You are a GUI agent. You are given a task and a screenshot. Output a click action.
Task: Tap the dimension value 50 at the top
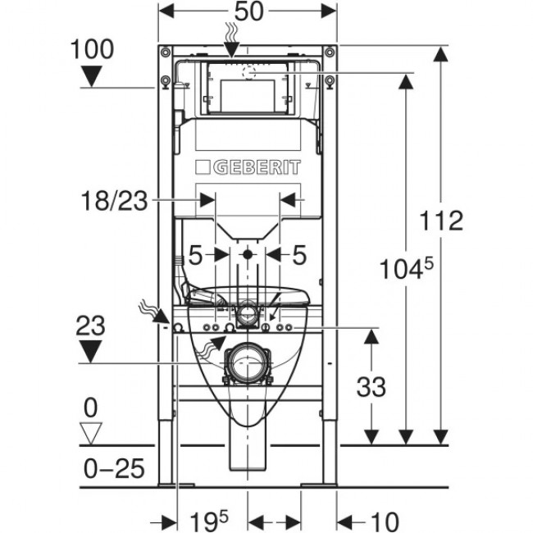pos(248,13)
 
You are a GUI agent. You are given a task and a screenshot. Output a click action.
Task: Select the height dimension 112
pos(442,221)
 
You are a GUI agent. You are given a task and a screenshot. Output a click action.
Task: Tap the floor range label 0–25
pos(114,469)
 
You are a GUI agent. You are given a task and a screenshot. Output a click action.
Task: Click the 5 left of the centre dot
pos(195,255)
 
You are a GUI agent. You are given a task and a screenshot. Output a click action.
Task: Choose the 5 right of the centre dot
pos(299,255)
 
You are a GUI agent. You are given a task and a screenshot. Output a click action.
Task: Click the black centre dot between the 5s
pos(248,255)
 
